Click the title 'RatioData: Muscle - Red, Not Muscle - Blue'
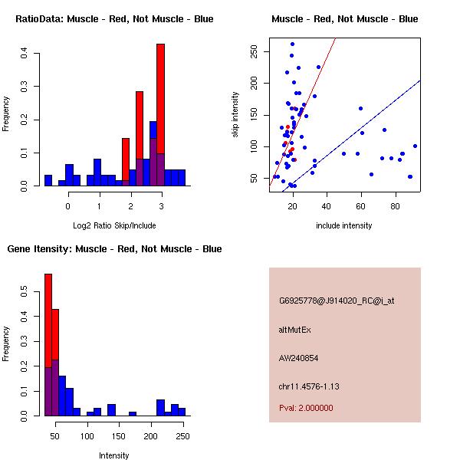(x=114, y=18)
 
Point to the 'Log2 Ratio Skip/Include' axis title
(x=114, y=225)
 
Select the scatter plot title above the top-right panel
(x=344, y=18)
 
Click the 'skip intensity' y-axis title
(x=236, y=115)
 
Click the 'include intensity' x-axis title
(x=344, y=225)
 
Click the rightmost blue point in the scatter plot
(x=415, y=146)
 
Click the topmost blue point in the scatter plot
(x=292, y=44)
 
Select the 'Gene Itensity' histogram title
(x=114, y=248)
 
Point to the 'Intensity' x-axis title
(x=114, y=455)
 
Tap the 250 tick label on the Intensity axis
(x=182, y=435)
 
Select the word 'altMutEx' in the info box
(x=295, y=330)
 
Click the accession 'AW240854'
(x=298, y=357)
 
